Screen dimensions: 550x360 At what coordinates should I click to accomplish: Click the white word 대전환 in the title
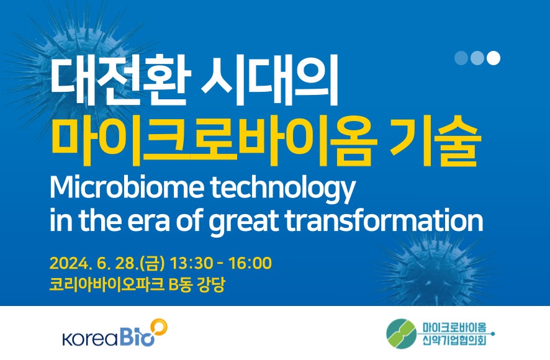point(120,80)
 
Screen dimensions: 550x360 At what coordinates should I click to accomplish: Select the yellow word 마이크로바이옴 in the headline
point(214,140)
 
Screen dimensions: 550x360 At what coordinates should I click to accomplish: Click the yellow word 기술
point(434,140)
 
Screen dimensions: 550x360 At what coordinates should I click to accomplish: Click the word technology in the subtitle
point(283,189)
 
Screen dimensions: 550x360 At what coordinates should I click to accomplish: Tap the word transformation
point(384,220)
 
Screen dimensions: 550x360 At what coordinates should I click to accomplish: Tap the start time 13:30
point(192,263)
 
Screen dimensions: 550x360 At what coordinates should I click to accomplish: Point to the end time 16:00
point(250,263)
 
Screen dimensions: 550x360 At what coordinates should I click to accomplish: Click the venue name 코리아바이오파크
point(107,284)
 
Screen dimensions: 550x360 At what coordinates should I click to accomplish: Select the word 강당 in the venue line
point(212,284)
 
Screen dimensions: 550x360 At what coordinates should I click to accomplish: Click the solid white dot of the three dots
point(493,58)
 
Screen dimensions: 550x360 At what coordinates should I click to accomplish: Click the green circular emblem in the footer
point(402,334)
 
